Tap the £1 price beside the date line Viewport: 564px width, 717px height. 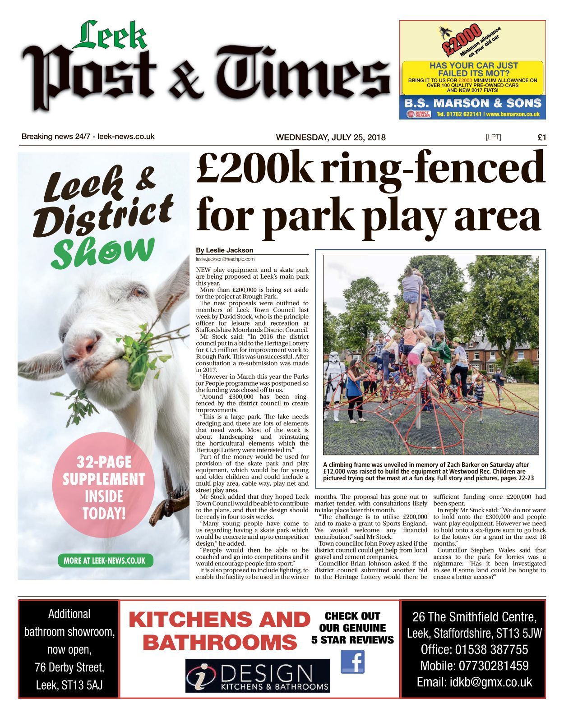[x=541, y=138]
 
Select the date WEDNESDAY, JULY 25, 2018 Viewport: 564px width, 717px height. [x=331, y=138]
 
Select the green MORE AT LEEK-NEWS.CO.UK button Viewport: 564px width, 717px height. [x=105, y=561]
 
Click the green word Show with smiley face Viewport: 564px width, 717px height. [x=102, y=253]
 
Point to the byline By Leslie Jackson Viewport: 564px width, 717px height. [x=225, y=250]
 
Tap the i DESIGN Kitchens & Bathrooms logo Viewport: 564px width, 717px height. [x=258, y=676]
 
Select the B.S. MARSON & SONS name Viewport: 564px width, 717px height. [x=472, y=103]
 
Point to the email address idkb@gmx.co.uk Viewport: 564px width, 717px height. [x=474, y=682]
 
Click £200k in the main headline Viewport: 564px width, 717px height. [x=254, y=168]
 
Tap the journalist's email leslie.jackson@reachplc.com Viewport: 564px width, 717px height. [x=225, y=259]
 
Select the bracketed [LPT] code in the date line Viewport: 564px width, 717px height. [x=493, y=137]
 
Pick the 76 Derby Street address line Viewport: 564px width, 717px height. [x=69, y=667]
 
